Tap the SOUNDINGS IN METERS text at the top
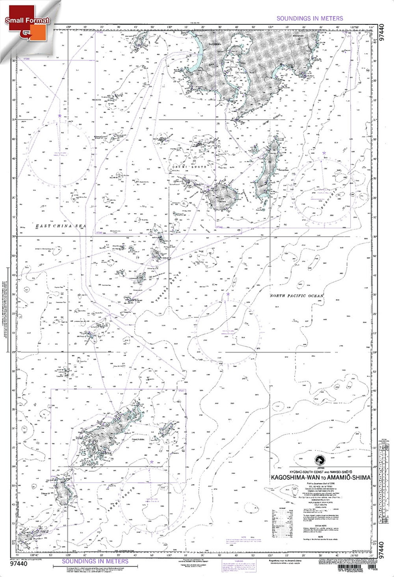[x=310, y=18]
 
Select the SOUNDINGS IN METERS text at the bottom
[x=95, y=561]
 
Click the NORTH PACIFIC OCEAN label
[x=297, y=296]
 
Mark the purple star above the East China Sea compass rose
[x=60, y=116]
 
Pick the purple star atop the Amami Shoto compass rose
[x=151, y=462]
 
